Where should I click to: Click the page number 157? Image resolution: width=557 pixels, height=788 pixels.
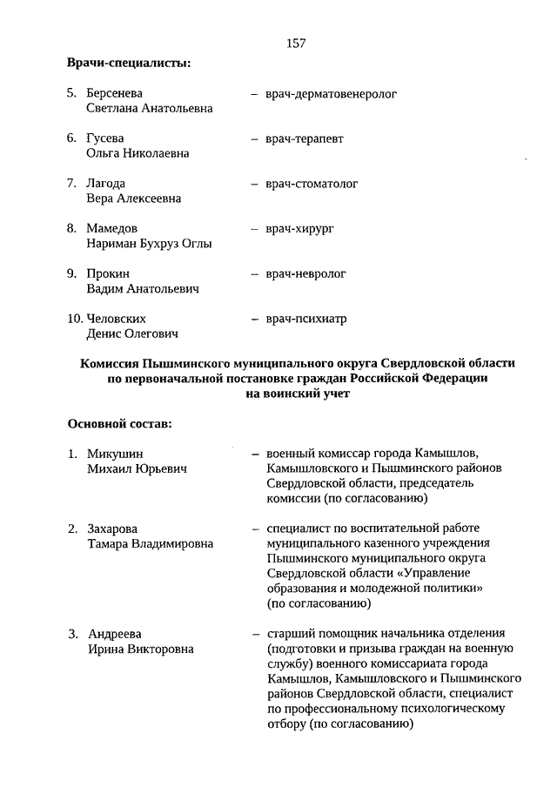pos(295,43)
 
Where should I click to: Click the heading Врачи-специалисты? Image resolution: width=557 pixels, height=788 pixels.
pos(129,63)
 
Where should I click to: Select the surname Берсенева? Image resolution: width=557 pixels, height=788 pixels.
pos(115,93)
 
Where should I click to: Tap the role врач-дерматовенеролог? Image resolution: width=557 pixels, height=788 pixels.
pos(332,93)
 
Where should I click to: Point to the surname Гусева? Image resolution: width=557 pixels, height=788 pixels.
pos(105,138)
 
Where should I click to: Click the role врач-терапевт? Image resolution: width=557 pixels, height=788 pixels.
pos(312,138)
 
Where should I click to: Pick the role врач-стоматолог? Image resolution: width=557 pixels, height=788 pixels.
pos(318,184)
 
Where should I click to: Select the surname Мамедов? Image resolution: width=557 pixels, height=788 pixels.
pos(111,228)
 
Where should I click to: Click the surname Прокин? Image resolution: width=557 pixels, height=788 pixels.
pos(108,273)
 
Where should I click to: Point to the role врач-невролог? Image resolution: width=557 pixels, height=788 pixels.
pos(312,273)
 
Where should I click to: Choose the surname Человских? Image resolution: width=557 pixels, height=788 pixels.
pos(116,319)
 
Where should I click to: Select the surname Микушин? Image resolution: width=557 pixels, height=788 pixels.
pos(115,454)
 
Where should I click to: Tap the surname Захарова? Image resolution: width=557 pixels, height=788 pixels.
pos(113,529)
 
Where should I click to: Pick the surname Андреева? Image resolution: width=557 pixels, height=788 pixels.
pos(115,633)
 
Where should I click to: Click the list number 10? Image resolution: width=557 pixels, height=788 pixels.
pos(75,319)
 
